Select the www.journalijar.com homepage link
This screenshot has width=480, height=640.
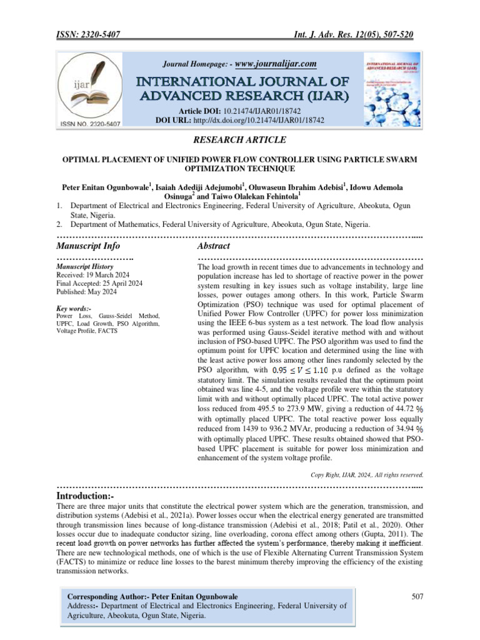point(276,64)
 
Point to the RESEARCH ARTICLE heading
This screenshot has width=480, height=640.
point(239,139)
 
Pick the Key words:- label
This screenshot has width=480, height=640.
point(74,309)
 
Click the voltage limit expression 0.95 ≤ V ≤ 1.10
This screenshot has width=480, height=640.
point(294,370)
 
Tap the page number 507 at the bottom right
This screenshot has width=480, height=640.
point(418,597)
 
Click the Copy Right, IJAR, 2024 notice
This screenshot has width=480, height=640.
point(367,474)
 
